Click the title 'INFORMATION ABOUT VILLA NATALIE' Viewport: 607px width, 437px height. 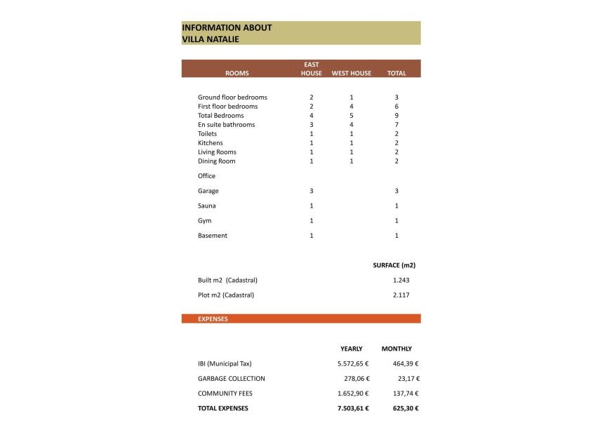[227, 33]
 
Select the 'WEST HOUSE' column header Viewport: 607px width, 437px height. [351, 73]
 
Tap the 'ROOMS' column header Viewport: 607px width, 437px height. [236, 73]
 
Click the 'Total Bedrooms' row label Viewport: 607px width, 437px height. [220, 116]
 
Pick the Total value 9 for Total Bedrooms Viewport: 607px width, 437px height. [396, 116]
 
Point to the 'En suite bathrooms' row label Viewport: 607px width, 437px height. [226, 125]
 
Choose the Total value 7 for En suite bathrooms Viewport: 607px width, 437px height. [396, 125]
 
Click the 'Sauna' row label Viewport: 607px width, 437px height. [206, 206]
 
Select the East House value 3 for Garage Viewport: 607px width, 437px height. [311, 191]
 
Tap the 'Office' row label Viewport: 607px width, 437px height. [206, 176]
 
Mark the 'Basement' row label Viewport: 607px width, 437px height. [212, 236]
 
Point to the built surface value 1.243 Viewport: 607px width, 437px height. [401, 280]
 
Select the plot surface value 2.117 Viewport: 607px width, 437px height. [401, 295]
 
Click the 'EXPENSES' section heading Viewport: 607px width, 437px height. [213, 318]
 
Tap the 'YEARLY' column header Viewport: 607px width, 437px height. [352, 349]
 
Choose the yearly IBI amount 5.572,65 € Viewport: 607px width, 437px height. [353, 363]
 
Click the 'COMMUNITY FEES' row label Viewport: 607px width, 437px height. [225, 394]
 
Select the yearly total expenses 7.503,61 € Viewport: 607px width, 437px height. [353, 408]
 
